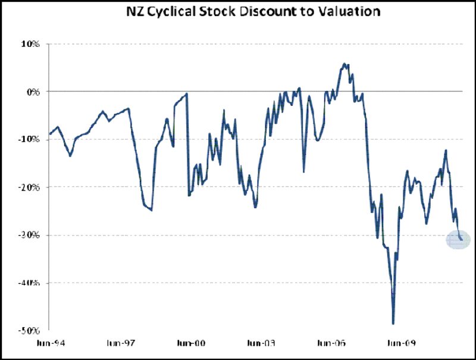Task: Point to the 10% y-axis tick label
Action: pyautogui.click(x=31, y=44)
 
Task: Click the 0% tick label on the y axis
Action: pyautogui.click(x=33, y=92)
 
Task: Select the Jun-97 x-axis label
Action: pyautogui.click(x=120, y=343)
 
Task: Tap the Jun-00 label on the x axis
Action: pyautogui.click(x=190, y=343)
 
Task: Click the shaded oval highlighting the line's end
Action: pyautogui.click(x=458, y=239)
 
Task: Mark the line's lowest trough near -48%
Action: pyautogui.click(x=393, y=323)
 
